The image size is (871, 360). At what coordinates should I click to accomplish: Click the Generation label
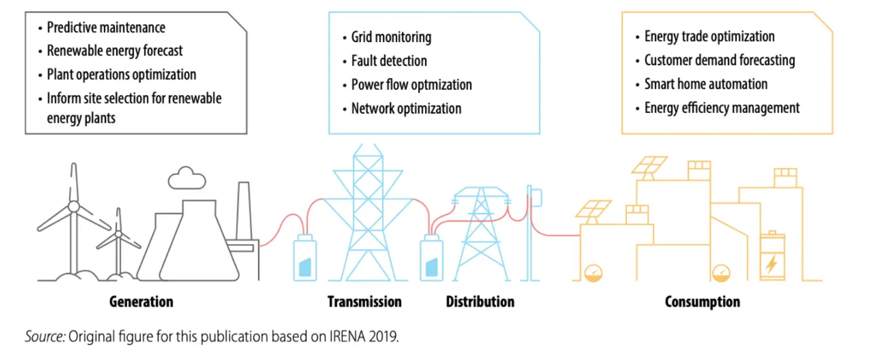pos(141,301)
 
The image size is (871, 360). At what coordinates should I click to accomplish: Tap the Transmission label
pos(364,301)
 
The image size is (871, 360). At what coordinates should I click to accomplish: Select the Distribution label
pos(480,301)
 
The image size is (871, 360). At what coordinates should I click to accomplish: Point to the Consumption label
pos(702,301)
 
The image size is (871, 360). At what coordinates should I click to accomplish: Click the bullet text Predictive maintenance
pos(106,27)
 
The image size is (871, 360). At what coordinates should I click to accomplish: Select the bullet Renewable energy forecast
pos(115,51)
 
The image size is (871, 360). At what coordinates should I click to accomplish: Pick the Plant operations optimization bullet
pos(122,74)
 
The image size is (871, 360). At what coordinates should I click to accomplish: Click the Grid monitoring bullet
pos(391,37)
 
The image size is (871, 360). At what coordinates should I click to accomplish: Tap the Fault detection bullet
pos(389,61)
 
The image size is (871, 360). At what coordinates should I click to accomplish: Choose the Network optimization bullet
pos(406,108)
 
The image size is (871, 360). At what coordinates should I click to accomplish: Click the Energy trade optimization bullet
pos(709,37)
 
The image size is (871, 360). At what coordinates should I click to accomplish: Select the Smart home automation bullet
pos(706,84)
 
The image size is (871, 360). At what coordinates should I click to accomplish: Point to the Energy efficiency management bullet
pos(722,108)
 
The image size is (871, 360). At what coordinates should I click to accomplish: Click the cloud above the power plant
pos(187,179)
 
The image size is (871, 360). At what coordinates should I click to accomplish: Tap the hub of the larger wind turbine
pos(74,206)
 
